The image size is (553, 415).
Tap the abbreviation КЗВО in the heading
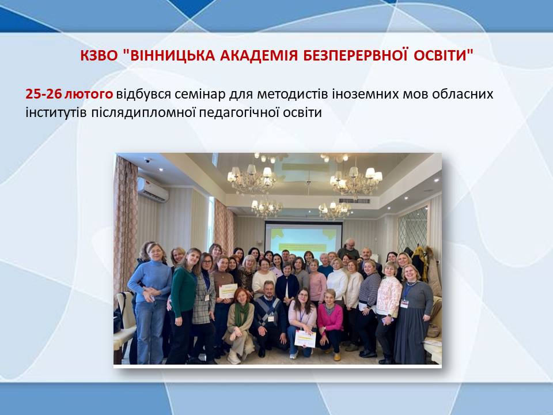[x=99, y=55]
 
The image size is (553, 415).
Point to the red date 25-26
[x=43, y=94]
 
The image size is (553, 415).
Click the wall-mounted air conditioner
[x=153, y=190]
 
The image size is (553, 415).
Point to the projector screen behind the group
[x=304, y=237]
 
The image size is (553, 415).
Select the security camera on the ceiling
[x=147, y=160]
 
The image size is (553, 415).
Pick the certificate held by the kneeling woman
[x=305, y=339]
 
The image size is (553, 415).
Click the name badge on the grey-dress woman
[x=404, y=304]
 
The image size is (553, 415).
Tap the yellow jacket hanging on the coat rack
[x=420, y=263]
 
